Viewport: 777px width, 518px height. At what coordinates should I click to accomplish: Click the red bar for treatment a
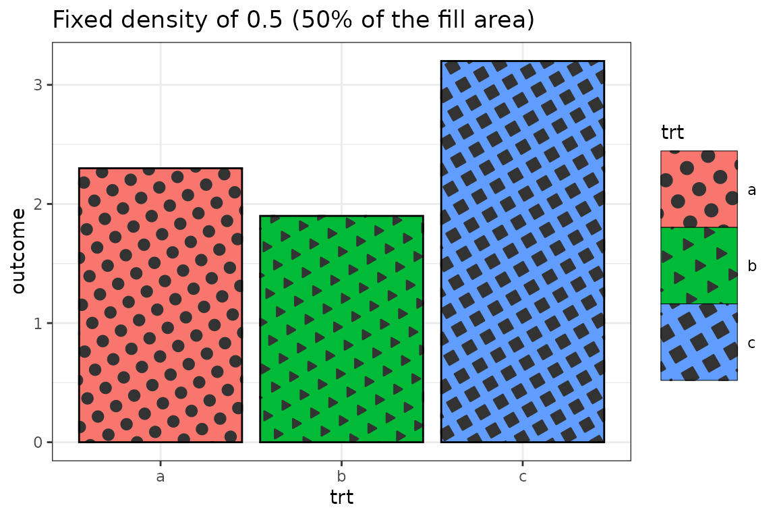pyautogui.click(x=161, y=305)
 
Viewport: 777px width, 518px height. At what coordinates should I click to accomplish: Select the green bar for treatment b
pyautogui.click(x=341, y=329)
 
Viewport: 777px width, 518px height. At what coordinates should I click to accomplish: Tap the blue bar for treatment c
pyautogui.click(x=523, y=251)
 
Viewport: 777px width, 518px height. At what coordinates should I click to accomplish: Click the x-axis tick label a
pyautogui.click(x=161, y=477)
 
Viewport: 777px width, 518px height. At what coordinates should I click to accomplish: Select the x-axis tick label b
pyautogui.click(x=341, y=477)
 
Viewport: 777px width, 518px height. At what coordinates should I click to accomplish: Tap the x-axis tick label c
pyautogui.click(x=523, y=477)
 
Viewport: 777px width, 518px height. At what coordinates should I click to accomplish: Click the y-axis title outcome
pyautogui.click(x=19, y=251)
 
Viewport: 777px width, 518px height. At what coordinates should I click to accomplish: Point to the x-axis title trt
pyautogui.click(x=341, y=498)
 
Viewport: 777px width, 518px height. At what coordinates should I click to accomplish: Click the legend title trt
pyautogui.click(x=672, y=132)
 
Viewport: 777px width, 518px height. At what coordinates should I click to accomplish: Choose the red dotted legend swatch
pyautogui.click(x=699, y=189)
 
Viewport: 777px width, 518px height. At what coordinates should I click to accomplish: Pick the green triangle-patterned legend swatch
pyautogui.click(x=699, y=266)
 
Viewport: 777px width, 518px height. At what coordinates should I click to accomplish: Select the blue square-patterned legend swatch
pyautogui.click(x=699, y=342)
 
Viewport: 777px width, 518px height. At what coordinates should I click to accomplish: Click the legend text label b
pyautogui.click(x=751, y=266)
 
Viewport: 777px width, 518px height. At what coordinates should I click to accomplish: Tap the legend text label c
pyautogui.click(x=751, y=343)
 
